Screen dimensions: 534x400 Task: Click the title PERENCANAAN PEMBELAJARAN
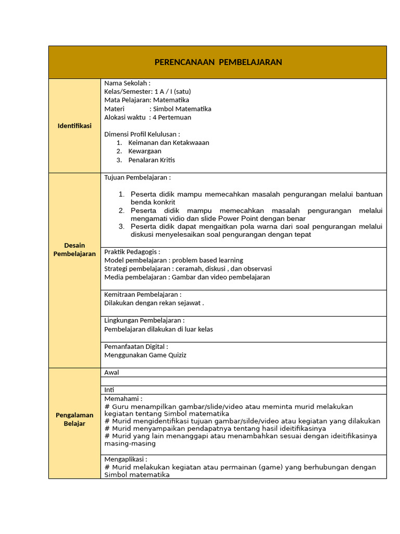coord(218,63)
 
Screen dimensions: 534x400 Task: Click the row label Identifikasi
coord(74,126)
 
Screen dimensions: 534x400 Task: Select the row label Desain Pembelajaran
coord(74,249)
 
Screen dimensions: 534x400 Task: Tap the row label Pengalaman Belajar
coord(74,419)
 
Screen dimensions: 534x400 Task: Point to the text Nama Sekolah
coord(127,83)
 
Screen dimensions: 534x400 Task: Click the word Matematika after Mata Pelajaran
coord(171,100)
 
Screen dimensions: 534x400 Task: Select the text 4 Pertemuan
coord(172,117)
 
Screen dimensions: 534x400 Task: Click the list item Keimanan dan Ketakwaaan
coord(169,143)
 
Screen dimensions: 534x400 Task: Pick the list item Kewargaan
coord(145,151)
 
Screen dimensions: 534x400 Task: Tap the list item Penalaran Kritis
coord(152,160)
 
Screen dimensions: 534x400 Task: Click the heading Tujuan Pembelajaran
coord(137,178)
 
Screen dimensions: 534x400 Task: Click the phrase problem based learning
coord(207,260)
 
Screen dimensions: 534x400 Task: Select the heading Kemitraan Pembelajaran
coord(143,295)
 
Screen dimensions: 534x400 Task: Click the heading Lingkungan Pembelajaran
coord(144,321)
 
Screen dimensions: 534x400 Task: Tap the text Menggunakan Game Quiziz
coord(145,355)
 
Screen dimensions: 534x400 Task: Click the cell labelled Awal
coord(112,372)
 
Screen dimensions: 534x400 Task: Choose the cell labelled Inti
coord(109,390)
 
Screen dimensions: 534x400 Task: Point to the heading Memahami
coord(123,399)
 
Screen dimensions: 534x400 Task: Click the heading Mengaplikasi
coord(126,459)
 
